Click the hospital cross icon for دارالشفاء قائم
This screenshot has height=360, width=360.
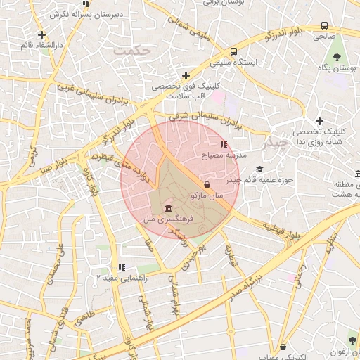tap(42, 34)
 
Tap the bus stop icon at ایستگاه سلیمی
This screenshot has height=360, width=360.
tap(233, 51)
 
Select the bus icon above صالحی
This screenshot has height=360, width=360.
tap(324, 25)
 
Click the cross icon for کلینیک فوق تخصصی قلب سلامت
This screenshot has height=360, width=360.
tap(186, 75)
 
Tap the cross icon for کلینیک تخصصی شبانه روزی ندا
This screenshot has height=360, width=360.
tap(319, 121)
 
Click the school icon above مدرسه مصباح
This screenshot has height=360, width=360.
tap(224, 144)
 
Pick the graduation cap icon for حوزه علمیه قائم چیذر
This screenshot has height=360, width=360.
tap(259, 169)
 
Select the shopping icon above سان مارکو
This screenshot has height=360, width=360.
tap(206, 184)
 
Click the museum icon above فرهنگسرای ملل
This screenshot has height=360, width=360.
tap(169, 209)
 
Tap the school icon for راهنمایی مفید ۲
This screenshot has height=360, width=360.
tap(122, 268)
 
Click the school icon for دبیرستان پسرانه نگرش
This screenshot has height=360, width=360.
tap(86, 4)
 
